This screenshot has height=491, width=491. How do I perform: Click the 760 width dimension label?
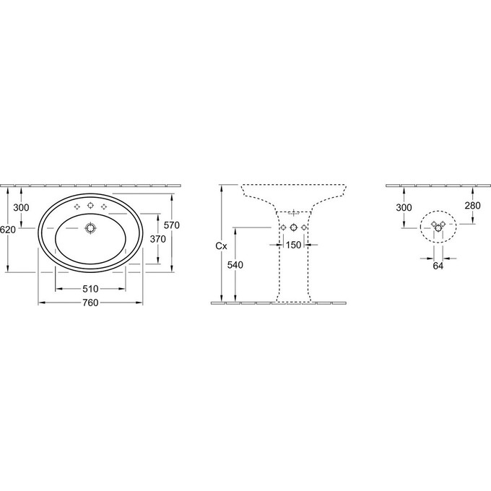click(x=90, y=303)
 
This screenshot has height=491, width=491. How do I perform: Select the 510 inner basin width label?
click(x=90, y=289)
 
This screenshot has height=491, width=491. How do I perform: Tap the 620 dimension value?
click(x=7, y=230)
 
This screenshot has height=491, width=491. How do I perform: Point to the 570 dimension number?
click(x=172, y=225)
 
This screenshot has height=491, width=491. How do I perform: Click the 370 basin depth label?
click(x=158, y=239)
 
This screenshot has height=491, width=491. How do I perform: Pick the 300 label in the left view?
click(x=21, y=207)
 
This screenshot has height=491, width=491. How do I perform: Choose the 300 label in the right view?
click(x=404, y=207)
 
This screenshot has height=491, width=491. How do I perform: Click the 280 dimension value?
click(x=472, y=206)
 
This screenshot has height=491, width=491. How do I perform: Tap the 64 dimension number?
click(x=438, y=266)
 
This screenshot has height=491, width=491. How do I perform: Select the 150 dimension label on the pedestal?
click(x=293, y=245)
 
